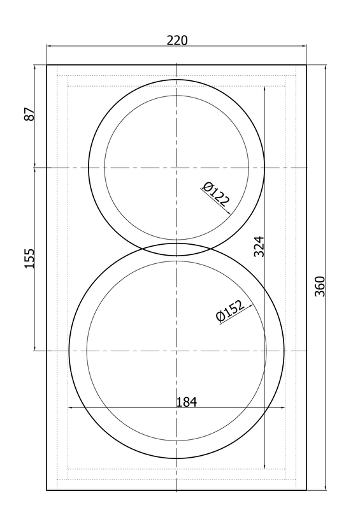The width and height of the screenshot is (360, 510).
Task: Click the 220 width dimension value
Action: (177, 40)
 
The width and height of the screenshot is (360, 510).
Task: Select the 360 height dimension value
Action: (320, 286)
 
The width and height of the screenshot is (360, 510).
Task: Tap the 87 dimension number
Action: (29, 114)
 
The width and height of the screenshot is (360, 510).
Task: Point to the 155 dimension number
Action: (29, 259)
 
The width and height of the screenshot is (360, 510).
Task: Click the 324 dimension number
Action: (259, 247)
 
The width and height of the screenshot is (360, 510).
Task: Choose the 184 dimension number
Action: (186, 402)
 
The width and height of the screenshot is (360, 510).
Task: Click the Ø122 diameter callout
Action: (215, 194)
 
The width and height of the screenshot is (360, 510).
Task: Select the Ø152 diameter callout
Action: (229, 310)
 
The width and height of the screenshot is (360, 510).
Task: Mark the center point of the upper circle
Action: (176, 168)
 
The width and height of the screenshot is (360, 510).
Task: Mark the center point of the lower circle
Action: (176, 351)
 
